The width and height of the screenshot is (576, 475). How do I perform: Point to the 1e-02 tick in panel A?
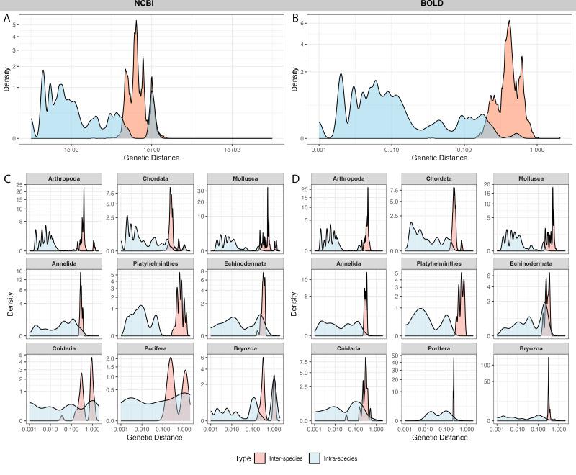pyautogui.click(x=71, y=149)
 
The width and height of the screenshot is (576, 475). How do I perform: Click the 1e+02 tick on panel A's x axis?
pyautogui.click(x=232, y=149)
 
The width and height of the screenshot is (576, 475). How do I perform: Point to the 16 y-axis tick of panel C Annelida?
pyautogui.click(x=21, y=271)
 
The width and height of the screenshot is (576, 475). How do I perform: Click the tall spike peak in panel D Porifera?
pyautogui.click(x=454, y=358)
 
